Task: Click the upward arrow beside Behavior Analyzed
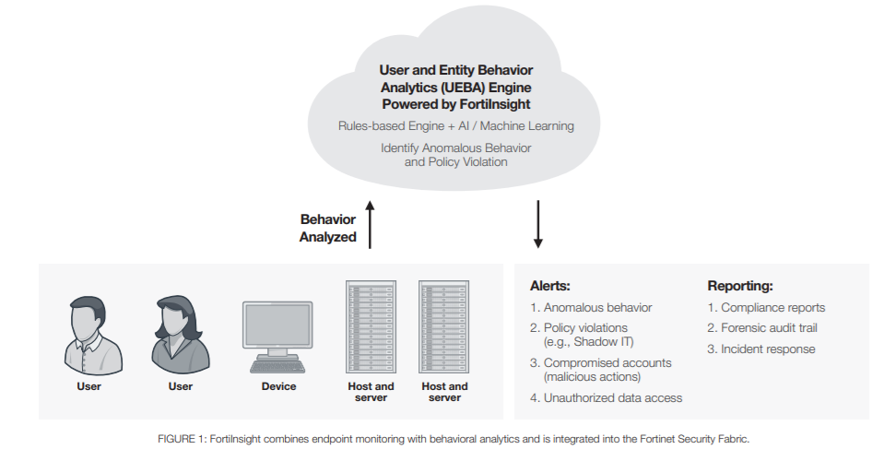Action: tap(370, 224)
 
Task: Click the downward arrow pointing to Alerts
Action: tap(537, 224)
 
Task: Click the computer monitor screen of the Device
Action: tap(277, 325)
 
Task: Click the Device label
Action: tap(279, 386)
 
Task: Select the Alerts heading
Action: tap(549, 286)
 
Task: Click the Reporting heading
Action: tap(740, 286)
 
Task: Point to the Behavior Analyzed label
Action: tap(328, 228)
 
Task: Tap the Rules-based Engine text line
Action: tap(456, 125)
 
